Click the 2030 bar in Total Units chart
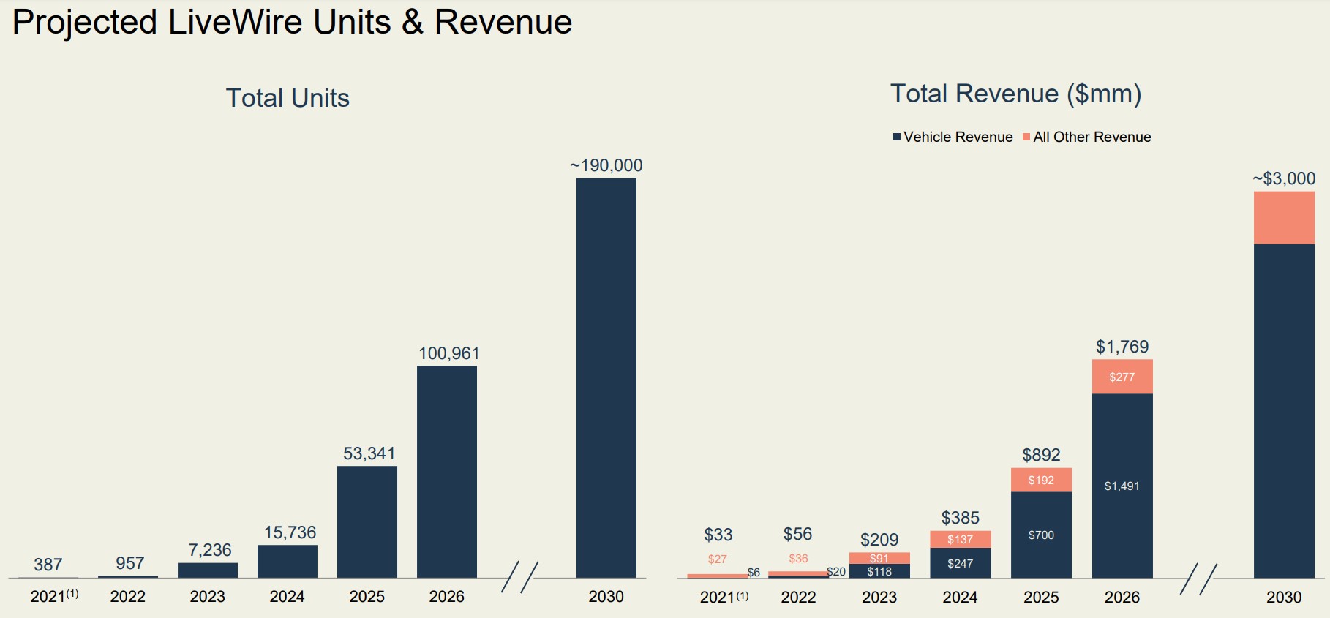coord(606,377)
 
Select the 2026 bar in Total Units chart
coord(446,472)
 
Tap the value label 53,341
coord(369,453)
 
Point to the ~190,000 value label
coord(606,165)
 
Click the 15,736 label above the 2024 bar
coord(290,532)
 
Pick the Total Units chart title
coord(288,98)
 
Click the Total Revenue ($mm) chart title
coord(1015,94)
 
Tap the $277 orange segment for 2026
coord(1122,377)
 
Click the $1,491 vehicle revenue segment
coord(1122,486)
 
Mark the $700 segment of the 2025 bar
coord(1041,535)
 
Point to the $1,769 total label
coord(1122,347)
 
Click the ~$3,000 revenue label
coord(1283,178)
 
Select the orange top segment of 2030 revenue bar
coord(1283,218)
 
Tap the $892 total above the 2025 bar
coord(1041,455)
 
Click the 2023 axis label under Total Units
coord(207,597)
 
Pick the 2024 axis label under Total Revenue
coord(960,598)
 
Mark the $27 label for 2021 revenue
coord(717,559)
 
